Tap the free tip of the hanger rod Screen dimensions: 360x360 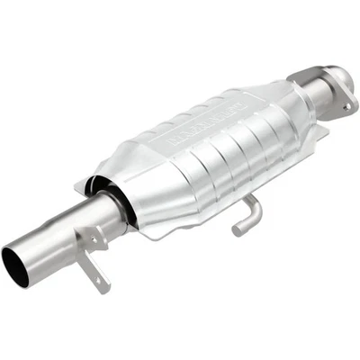237,230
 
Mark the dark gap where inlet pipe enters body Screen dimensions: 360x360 120,200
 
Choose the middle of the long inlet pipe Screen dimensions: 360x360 67,231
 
